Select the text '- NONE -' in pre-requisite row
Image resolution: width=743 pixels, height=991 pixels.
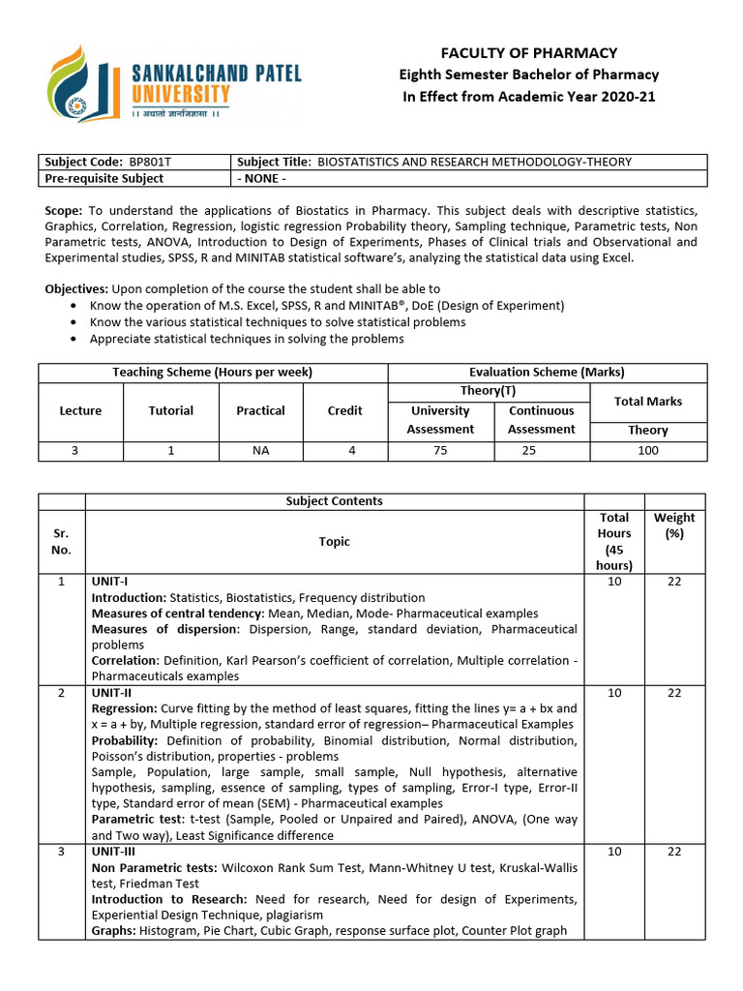tap(261, 178)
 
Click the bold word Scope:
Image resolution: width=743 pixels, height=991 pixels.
tap(65, 210)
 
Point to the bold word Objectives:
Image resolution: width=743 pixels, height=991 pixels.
tap(77, 288)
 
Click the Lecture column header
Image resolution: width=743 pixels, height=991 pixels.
tap(80, 410)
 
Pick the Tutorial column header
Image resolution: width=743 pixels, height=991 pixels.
tap(170, 410)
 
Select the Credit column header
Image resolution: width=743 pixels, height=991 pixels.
tap(344, 410)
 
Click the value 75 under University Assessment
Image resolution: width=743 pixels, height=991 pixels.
tap(440, 450)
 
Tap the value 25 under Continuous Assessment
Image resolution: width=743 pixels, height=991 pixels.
tap(541, 450)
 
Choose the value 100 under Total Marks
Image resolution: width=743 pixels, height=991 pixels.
tap(647, 450)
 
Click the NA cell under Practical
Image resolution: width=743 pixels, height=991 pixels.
tap(260, 450)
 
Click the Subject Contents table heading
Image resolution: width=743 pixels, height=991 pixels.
tap(334, 501)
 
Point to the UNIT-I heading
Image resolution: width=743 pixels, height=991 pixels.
tap(109, 582)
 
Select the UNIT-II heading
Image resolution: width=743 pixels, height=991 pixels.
tap(111, 693)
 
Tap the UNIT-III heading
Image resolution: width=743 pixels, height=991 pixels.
tap(113, 851)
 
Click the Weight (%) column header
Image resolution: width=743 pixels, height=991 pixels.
tap(673, 526)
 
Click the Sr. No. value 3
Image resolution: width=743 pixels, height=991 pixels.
tap(61, 851)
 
